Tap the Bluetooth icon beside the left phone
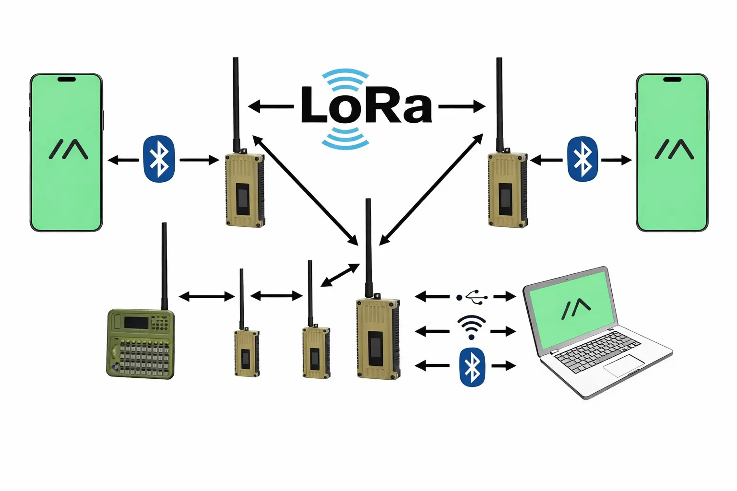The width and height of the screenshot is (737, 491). [159, 159]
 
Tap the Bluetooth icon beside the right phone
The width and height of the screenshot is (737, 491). [582, 159]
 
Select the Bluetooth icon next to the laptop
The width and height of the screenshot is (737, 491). [472, 367]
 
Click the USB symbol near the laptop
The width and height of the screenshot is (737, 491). [472, 297]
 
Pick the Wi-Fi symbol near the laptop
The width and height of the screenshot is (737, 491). [471, 327]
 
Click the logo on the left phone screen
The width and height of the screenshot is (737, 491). [69, 149]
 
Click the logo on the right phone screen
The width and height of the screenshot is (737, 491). [674, 149]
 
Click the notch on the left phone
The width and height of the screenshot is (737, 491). [66, 79]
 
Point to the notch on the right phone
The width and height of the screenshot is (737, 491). [672, 79]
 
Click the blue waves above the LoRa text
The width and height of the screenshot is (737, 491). [345, 77]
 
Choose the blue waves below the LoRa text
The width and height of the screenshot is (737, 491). [345, 137]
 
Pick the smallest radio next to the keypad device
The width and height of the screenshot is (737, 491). [247, 352]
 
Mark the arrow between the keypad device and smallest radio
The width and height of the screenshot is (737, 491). [206, 297]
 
